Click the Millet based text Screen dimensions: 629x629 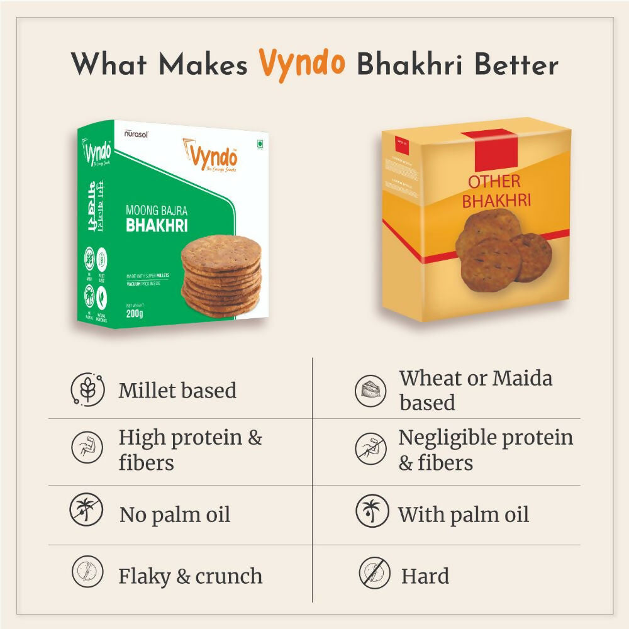[177, 390]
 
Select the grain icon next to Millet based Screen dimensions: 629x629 [86, 389]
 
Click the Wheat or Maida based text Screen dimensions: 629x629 [476, 390]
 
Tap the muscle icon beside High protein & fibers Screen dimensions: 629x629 [86, 448]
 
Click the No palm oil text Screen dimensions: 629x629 [175, 515]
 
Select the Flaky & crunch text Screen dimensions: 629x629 [190, 576]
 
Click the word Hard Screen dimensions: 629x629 [425, 576]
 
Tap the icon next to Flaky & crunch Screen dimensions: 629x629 [86, 572]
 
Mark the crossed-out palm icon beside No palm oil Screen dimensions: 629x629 [86, 511]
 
